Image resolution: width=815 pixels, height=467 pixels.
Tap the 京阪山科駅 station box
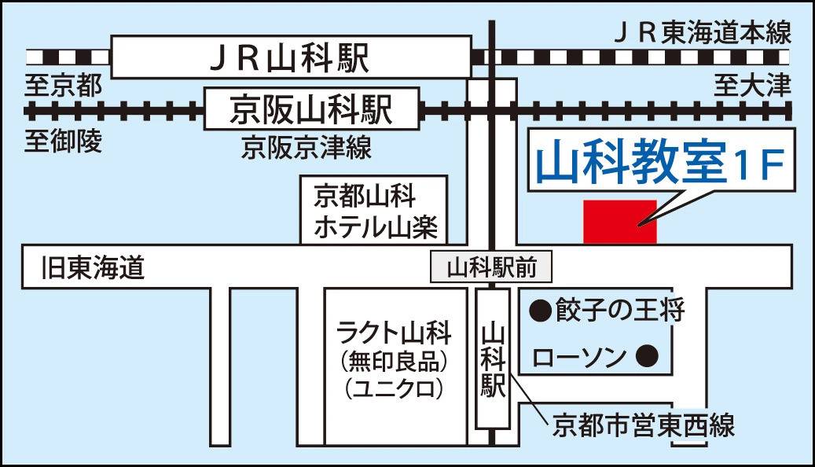310,109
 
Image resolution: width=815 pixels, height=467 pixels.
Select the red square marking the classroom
619,221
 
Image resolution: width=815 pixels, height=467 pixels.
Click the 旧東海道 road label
94,269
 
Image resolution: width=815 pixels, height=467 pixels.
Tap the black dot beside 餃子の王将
540,310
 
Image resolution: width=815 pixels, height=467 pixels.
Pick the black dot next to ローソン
647,358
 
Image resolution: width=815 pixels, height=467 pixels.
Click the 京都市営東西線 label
643,425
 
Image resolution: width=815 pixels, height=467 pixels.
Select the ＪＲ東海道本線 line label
702,34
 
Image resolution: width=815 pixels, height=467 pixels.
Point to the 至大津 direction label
752,84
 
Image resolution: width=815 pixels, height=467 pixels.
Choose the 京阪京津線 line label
307,147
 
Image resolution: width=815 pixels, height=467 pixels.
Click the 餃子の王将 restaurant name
619,310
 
